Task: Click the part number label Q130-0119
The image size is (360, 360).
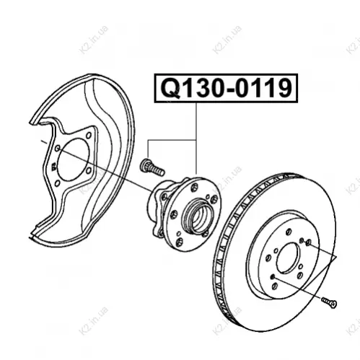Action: click(x=226, y=88)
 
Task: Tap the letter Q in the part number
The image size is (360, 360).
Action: click(x=171, y=88)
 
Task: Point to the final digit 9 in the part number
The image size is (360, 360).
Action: click(x=284, y=88)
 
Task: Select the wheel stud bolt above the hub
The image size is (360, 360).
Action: click(x=152, y=167)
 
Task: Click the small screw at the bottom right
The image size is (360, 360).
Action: click(x=329, y=302)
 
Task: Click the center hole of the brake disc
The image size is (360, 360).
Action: click(x=289, y=258)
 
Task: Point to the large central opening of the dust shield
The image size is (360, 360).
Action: click(x=74, y=159)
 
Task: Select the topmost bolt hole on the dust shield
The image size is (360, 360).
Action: click(x=89, y=136)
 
